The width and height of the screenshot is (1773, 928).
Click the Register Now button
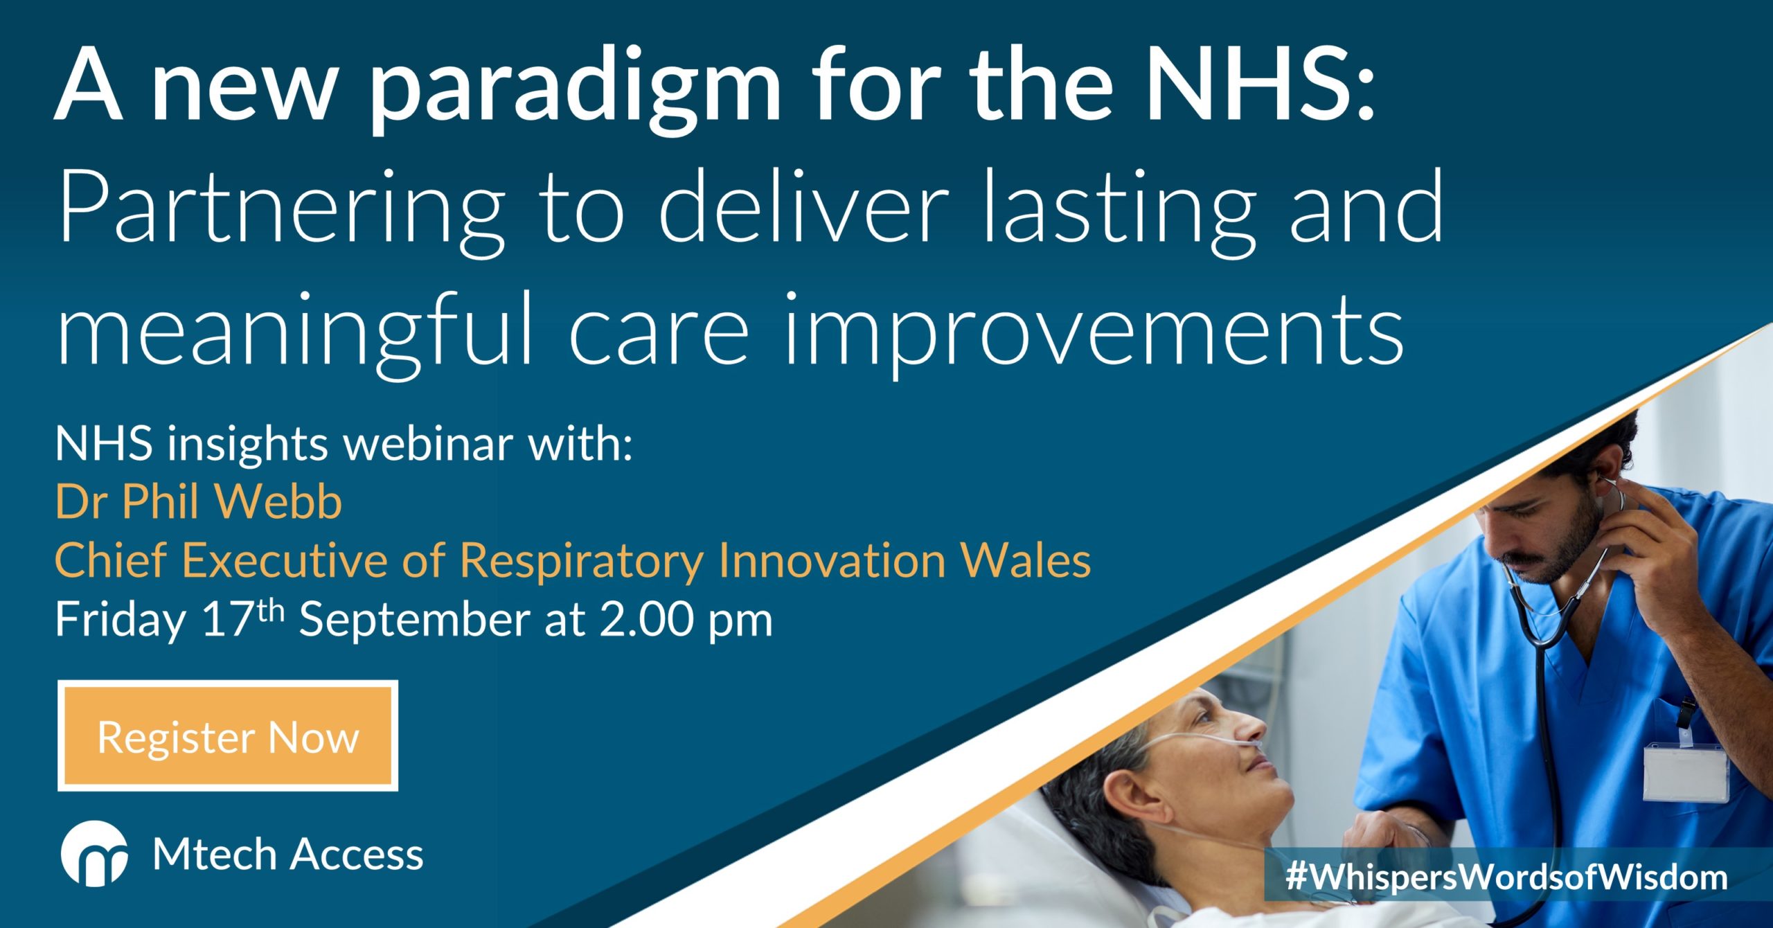(x=228, y=735)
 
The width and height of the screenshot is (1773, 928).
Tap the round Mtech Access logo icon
(x=94, y=854)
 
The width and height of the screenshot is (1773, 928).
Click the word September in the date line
(x=413, y=620)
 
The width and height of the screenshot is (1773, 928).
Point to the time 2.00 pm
(x=686, y=620)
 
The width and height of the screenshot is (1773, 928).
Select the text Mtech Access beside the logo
(x=288, y=855)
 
